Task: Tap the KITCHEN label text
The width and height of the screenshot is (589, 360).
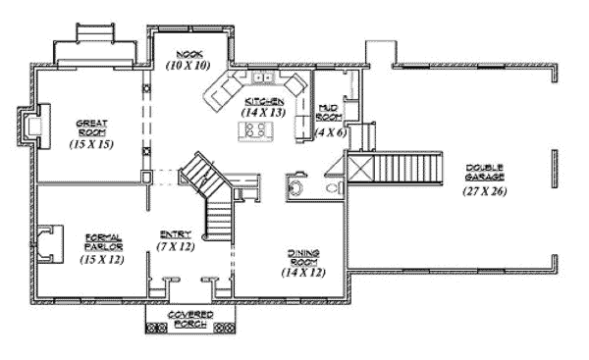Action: click(x=261, y=101)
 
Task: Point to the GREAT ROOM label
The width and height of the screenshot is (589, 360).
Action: click(x=90, y=126)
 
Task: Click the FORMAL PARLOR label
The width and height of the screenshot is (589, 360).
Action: click(x=102, y=241)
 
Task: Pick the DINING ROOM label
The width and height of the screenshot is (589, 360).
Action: click(x=302, y=257)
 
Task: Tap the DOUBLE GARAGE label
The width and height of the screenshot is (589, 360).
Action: click(x=486, y=171)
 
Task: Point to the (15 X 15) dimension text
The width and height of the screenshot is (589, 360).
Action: click(x=90, y=144)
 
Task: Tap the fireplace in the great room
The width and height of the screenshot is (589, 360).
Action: click(x=37, y=126)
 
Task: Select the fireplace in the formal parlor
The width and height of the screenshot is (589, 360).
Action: click(x=47, y=240)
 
